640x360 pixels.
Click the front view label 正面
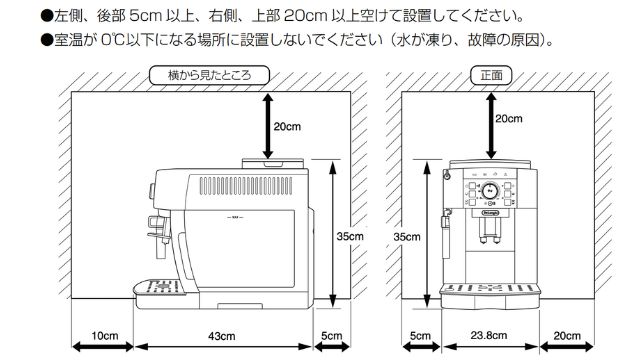pos(490,75)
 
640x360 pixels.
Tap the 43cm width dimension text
pos(222,335)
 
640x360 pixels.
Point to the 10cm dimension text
pos(104,335)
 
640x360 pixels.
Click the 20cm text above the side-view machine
pos(287,127)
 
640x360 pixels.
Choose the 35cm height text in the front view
pos(408,236)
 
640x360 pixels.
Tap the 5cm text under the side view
pos(332,335)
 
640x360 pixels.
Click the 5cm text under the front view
pos(420,335)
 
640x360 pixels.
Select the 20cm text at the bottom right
pos(567,335)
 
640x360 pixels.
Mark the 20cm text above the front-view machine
pos(508,119)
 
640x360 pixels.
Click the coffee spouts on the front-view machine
pos(490,238)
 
